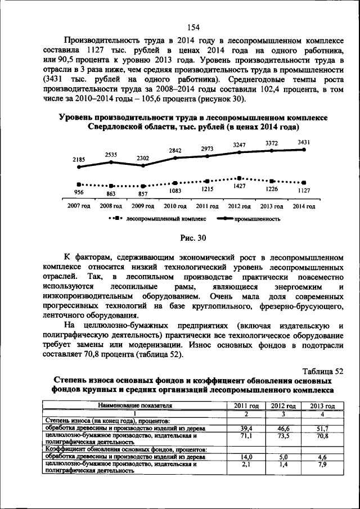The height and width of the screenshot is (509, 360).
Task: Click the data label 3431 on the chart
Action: point(304,143)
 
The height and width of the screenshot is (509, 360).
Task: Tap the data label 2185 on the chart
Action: point(79,160)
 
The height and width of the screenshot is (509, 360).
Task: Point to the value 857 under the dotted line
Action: point(143,193)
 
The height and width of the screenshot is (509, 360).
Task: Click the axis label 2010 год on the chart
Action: point(175,206)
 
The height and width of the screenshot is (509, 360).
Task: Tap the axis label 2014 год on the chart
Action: point(304,206)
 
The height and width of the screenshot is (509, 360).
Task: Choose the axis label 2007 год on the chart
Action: point(79,206)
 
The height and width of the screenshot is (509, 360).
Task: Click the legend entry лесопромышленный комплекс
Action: point(166,218)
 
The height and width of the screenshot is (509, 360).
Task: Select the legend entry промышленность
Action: point(257,218)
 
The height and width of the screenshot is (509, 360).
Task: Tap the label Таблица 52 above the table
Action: point(322,371)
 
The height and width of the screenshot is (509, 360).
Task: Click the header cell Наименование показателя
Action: point(135,406)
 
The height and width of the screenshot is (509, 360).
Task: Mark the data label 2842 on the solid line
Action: point(175,150)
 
